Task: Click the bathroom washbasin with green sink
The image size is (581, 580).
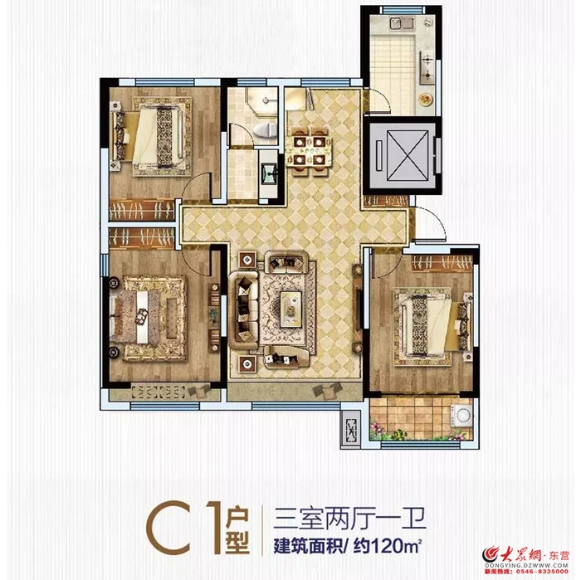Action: (269, 173)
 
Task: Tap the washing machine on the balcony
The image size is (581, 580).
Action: (460, 418)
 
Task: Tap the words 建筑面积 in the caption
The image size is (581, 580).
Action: (306, 547)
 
